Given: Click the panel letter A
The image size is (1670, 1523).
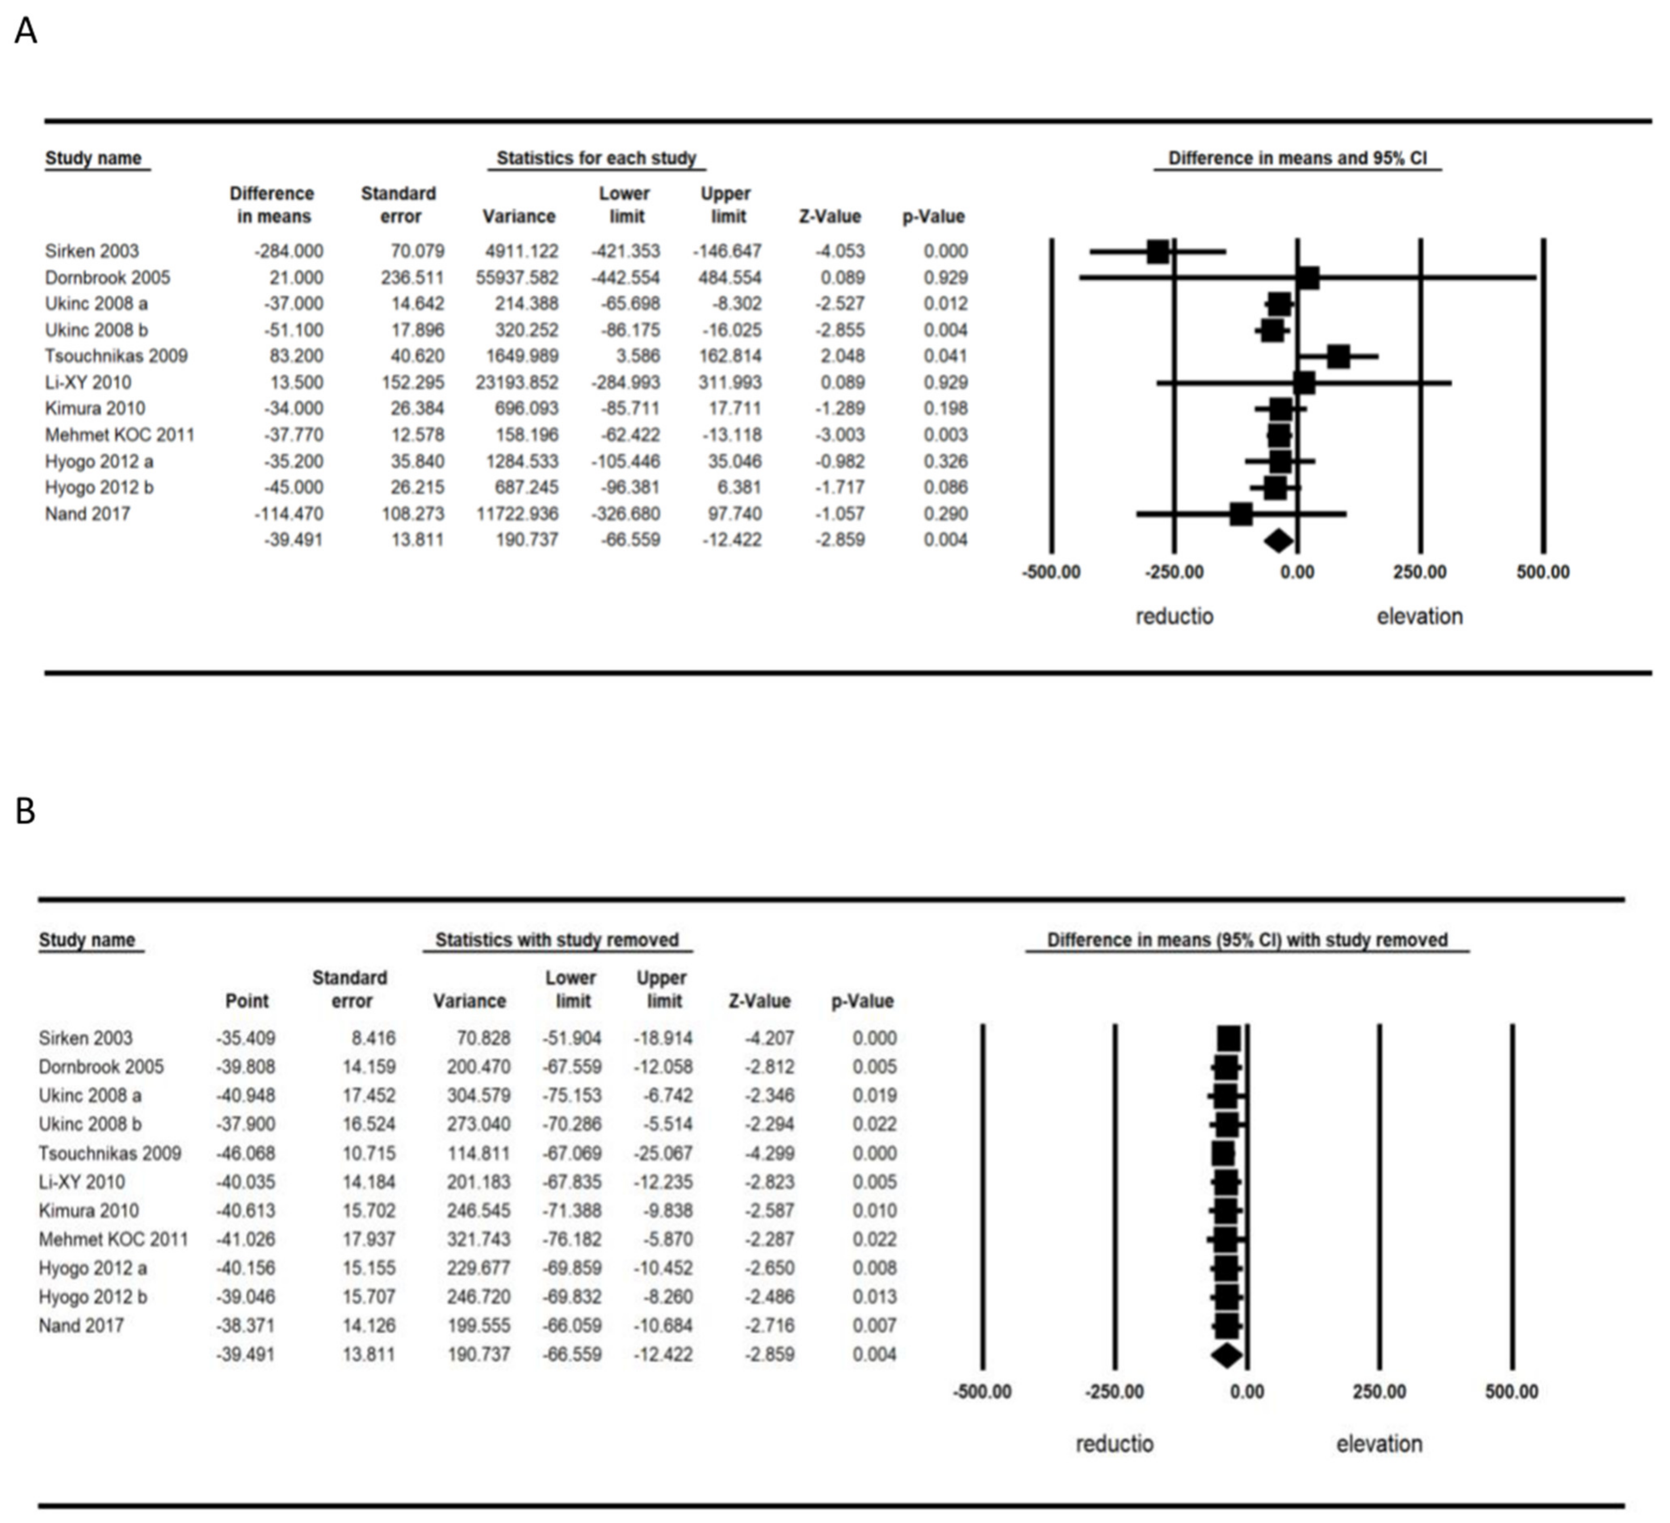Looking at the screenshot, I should click(x=26, y=31).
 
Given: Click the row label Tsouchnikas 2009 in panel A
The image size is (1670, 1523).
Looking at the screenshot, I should click(x=116, y=356).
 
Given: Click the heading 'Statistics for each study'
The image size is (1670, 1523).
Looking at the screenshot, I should click(x=596, y=158).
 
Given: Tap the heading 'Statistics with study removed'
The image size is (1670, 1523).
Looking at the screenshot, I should click(x=557, y=940).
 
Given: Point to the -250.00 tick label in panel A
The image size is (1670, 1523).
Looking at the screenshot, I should click(x=1174, y=572).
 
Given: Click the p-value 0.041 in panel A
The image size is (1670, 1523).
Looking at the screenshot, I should click(x=945, y=356).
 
